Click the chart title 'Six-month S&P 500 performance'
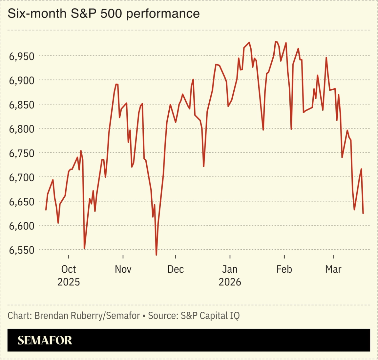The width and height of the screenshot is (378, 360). tap(103, 14)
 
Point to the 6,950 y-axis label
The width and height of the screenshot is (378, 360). tap(22, 56)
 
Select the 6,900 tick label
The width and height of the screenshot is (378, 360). tap(22, 80)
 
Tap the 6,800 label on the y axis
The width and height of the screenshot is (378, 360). tap(22, 129)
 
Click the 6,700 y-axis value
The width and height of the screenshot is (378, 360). tap(22, 178)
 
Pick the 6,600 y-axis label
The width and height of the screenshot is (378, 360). tap(22, 226)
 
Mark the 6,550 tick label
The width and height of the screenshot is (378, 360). tap(22, 250)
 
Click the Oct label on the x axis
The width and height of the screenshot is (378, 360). tap(69, 269)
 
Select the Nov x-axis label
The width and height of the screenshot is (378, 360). tap(123, 269)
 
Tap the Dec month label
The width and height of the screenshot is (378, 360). tap(176, 269)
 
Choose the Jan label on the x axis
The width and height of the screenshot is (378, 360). tap(230, 269)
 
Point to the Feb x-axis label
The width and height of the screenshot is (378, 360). tap(284, 269)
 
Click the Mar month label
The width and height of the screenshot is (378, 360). tap(333, 269)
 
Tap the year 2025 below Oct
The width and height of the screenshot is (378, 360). tap(69, 282)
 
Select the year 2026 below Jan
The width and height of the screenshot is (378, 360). tap(230, 282)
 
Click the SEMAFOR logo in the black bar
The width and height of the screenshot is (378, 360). tap(45, 340)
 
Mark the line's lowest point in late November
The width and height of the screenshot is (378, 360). tap(156, 255)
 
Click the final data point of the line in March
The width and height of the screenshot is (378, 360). tap(363, 214)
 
